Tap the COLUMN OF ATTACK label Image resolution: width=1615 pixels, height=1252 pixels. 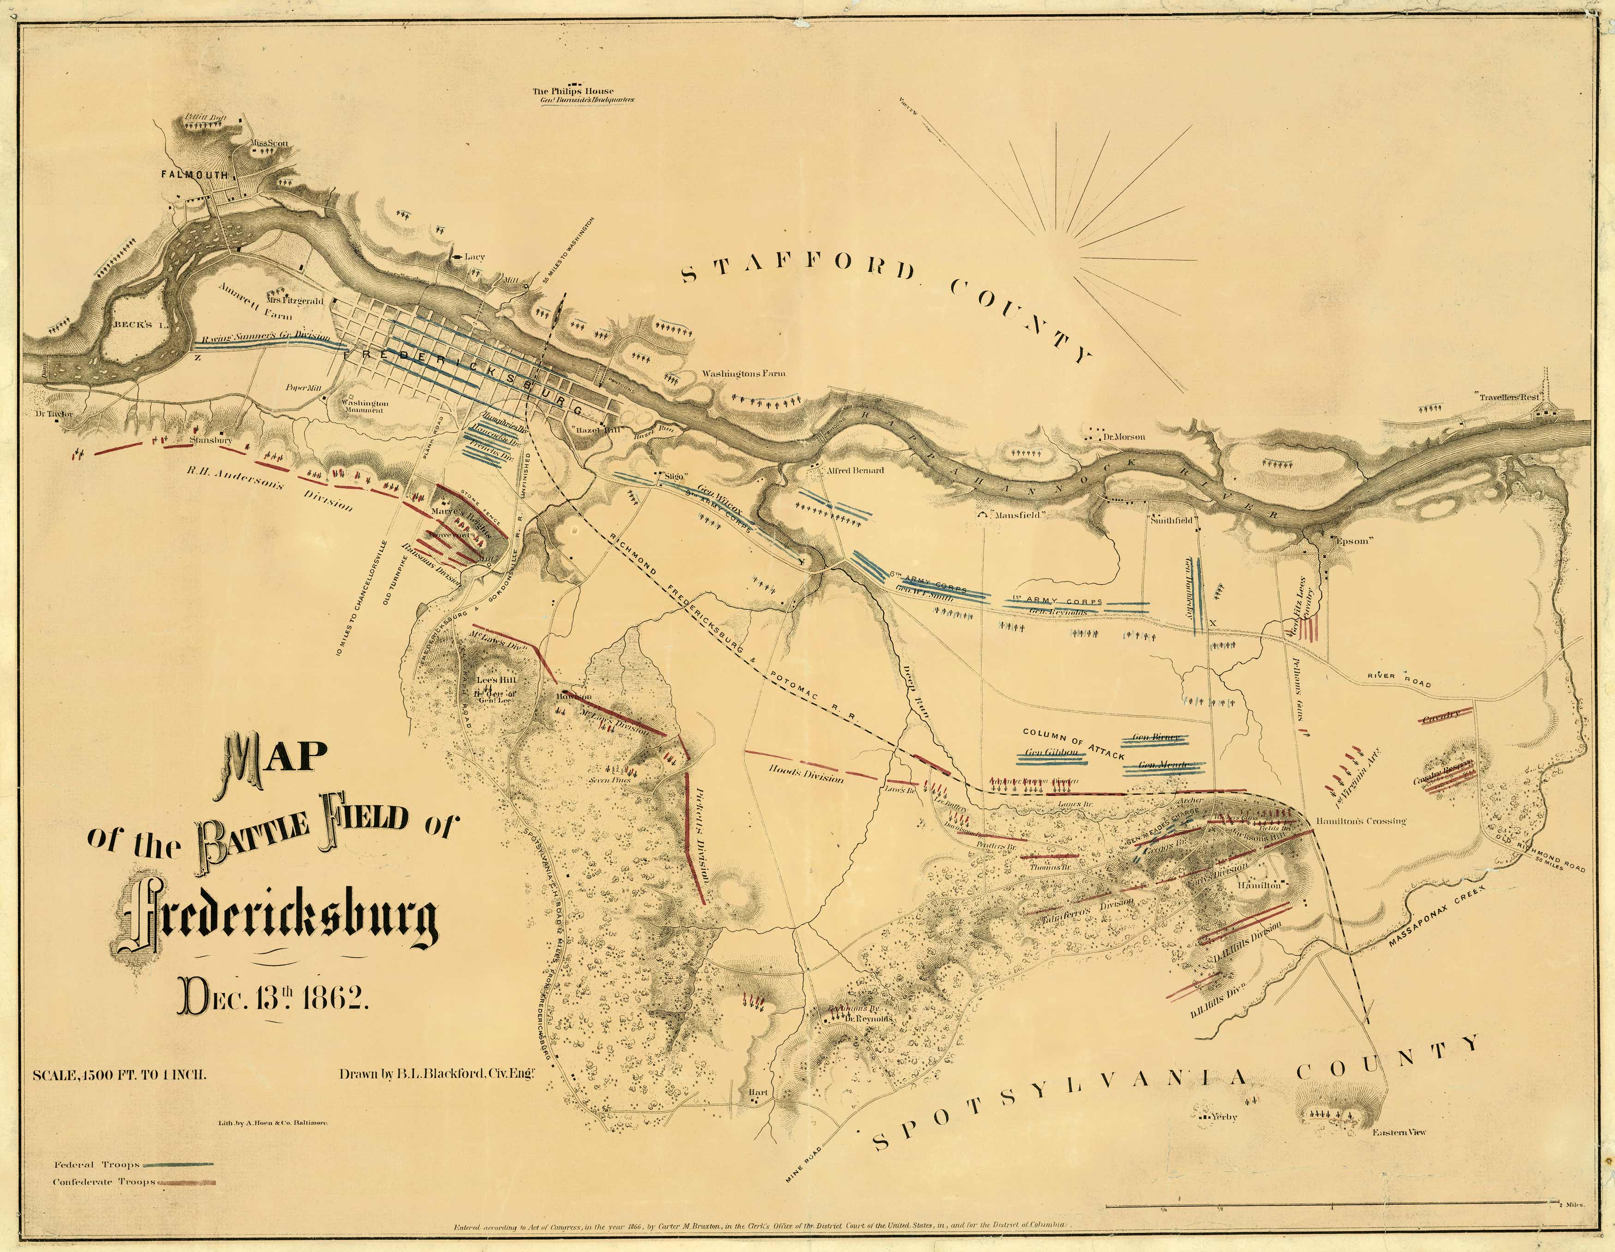(x=1072, y=745)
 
